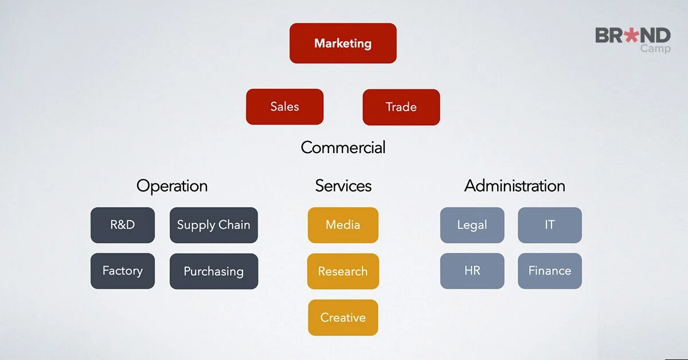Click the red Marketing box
pos(343,43)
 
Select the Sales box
pos(284,107)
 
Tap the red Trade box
pos(401,107)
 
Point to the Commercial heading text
pos(343,147)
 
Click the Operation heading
pos(172,186)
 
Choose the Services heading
pos(343,186)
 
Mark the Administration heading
pos(514,186)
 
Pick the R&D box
pos(123,225)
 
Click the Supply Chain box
pos(213,225)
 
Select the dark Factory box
pos(123,271)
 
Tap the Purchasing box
pos(213,271)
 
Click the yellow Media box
pos(343,225)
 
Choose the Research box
pos(343,271)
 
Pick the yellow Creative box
pos(343,317)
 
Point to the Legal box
pos(472,225)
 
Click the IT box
pos(549,225)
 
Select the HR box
pos(472,271)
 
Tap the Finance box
pos(549,271)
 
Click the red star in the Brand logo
pos(631,36)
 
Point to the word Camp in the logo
pos(655,49)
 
